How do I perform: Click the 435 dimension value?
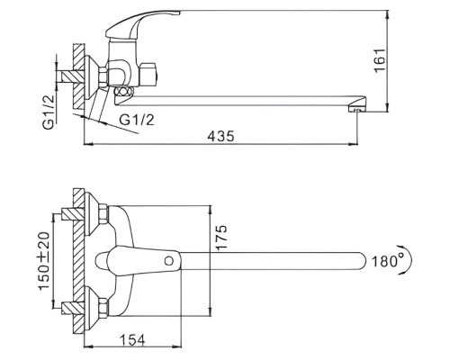tap(220, 137)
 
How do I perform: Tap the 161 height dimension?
tap(380, 60)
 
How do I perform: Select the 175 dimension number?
tap(221, 238)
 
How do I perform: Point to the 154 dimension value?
tap(132, 340)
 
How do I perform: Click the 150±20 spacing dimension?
tap(44, 261)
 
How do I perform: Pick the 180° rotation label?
tap(385, 261)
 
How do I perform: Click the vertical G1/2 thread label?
tap(49, 112)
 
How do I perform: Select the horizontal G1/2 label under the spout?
tap(137, 120)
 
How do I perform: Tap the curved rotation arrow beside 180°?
tap(409, 260)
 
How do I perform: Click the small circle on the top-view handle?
tap(169, 261)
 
